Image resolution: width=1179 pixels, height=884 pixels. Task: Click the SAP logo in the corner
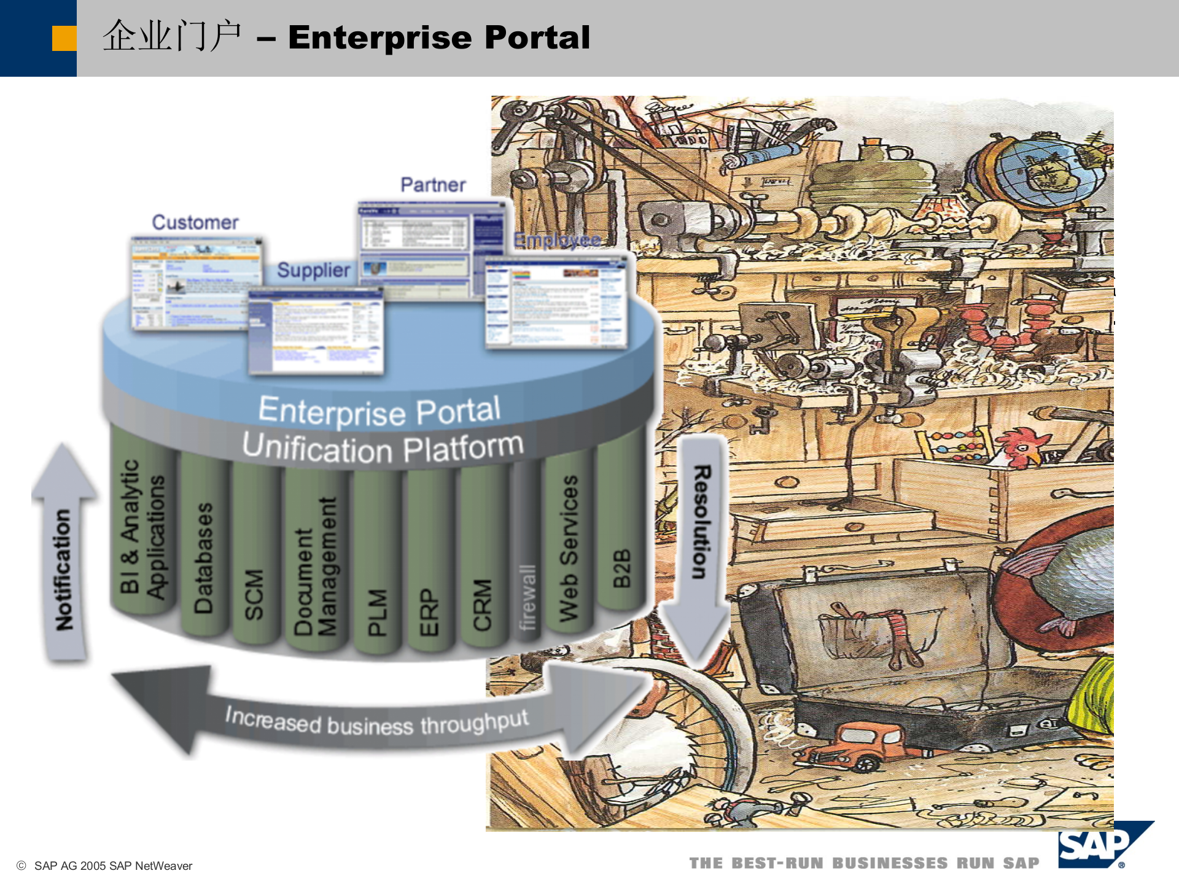tap(1099, 845)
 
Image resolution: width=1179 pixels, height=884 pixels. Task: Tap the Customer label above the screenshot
tap(195, 222)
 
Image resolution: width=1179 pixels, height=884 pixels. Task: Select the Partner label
tap(433, 185)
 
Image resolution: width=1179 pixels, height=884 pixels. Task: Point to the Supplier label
tap(313, 270)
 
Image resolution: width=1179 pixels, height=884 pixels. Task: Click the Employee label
tap(557, 240)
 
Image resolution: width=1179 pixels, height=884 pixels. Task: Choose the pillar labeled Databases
tap(203, 552)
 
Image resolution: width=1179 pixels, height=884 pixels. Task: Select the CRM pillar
tap(482, 602)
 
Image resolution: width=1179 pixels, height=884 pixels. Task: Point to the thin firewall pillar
tap(527, 589)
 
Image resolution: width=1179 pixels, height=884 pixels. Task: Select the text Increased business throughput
tap(376, 722)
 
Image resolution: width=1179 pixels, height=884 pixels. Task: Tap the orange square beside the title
tap(64, 38)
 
